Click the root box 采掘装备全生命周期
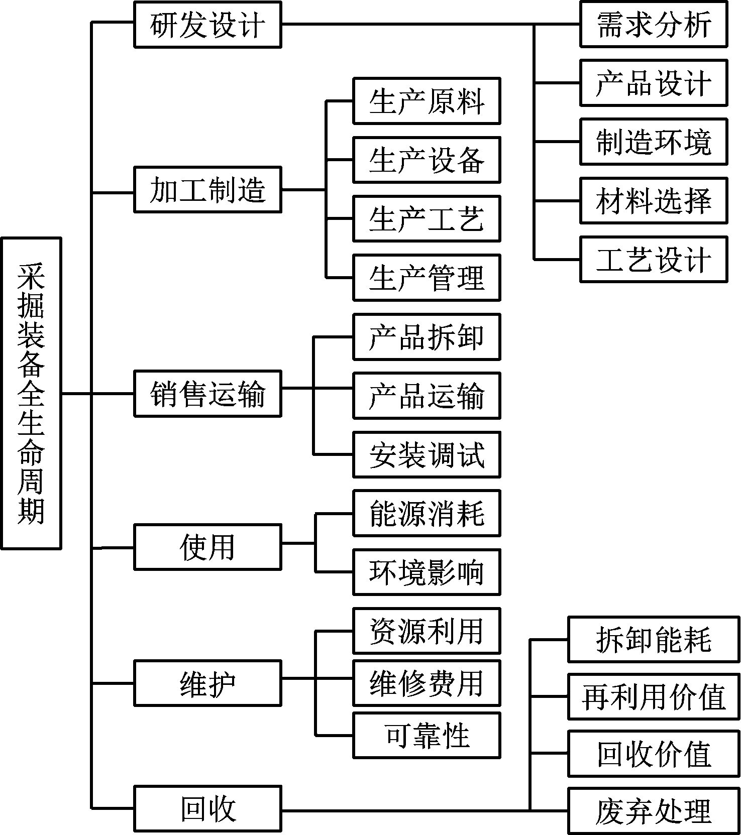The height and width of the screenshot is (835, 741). (x=31, y=393)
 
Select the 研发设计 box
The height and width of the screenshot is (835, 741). (x=207, y=25)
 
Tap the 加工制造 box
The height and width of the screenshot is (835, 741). (x=207, y=190)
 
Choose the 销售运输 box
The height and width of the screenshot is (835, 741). (x=207, y=394)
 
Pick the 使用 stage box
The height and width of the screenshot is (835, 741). (x=207, y=547)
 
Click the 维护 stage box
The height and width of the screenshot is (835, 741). (x=207, y=683)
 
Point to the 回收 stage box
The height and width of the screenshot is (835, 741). (x=207, y=809)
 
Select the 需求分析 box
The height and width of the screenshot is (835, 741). (x=654, y=25)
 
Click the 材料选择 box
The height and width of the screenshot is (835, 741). (x=654, y=200)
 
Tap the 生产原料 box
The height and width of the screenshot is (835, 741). (x=427, y=101)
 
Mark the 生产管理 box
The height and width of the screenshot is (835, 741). (x=427, y=278)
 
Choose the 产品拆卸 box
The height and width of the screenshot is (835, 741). (x=427, y=337)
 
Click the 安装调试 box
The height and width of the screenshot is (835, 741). (x=427, y=454)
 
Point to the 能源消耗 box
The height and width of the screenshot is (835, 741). (x=427, y=514)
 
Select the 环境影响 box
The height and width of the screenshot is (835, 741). (x=427, y=572)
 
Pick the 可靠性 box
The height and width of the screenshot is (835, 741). (x=427, y=735)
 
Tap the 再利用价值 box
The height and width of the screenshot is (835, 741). (x=654, y=697)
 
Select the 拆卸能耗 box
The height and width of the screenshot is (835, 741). (x=654, y=640)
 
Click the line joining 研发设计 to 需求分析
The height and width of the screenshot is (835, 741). (x=431, y=24)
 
